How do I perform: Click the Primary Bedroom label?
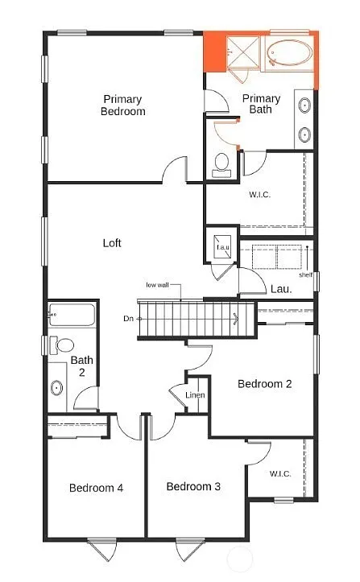pyautogui.click(x=123, y=105)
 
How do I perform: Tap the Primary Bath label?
pyautogui.click(x=262, y=105)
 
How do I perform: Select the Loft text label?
pyautogui.click(x=112, y=242)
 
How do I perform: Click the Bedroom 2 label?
pyautogui.click(x=264, y=384)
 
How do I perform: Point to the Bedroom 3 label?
pyautogui.click(x=193, y=486)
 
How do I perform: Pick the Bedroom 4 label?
pyautogui.click(x=96, y=487)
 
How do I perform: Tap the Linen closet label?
pyautogui.click(x=195, y=395)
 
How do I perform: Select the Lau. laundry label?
pyautogui.click(x=281, y=288)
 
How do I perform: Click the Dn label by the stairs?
pyautogui.click(x=128, y=319)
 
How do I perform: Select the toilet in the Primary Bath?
pyautogui.click(x=221, y=165)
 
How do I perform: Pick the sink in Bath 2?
pyautogui.click(x=57, y=387)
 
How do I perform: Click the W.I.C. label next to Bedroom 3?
pyautogui.click(x=279, y=473)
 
